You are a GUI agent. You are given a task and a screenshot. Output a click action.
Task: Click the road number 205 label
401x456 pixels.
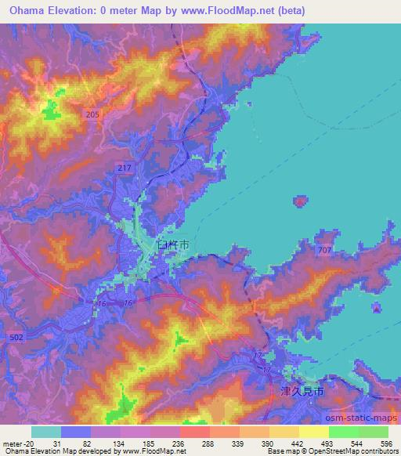tap(93, 114)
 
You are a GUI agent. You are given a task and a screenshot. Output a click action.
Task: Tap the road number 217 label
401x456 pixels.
tap(128, 169)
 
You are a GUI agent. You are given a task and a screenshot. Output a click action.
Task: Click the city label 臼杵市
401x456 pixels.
tap(172, 246)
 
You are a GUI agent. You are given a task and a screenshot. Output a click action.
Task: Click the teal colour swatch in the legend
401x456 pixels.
tap(46, 432)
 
